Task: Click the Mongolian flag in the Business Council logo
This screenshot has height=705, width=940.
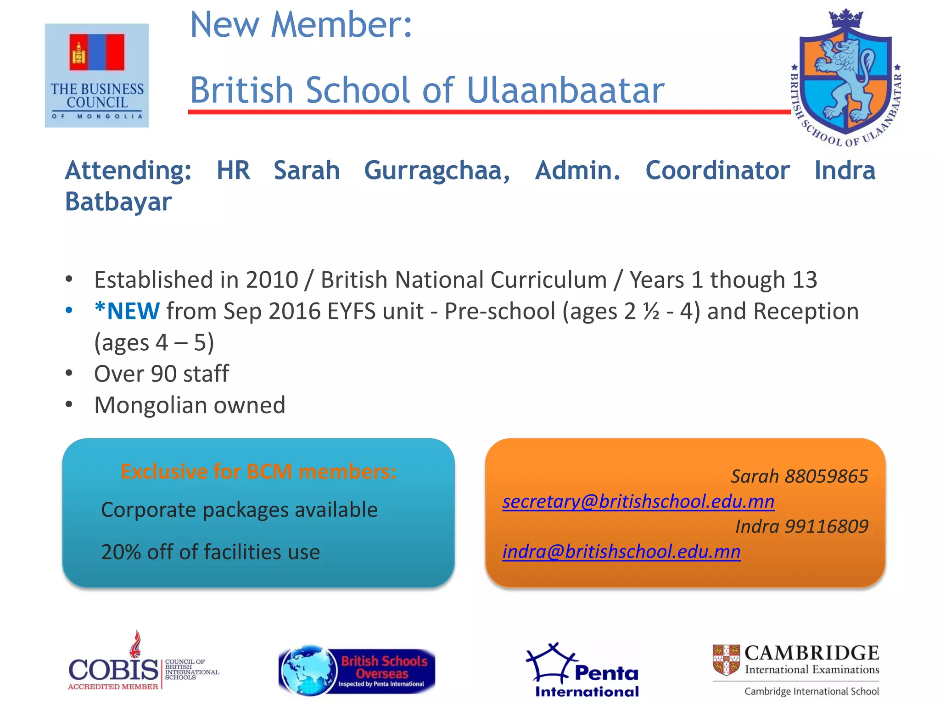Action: coord(97,52)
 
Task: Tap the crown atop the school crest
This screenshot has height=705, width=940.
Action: coord(845,19)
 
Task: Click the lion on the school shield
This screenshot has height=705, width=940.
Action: coord(845,78)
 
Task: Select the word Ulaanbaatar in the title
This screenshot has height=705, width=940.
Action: coord(565,90)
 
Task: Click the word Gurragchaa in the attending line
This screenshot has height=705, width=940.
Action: coord(437,170)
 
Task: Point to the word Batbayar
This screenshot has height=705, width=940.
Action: coord(118,201)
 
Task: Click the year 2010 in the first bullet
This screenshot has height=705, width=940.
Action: coord(272,280)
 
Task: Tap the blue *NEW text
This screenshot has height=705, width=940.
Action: coord(127,311)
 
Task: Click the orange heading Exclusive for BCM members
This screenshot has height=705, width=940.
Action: coord(258,471)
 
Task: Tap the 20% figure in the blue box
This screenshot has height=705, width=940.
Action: coord(121,552)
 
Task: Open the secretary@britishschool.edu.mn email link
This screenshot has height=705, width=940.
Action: coord(638,501)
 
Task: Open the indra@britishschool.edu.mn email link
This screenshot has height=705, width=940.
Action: coord(621,551)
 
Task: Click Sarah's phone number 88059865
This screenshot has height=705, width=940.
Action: coord(826,476)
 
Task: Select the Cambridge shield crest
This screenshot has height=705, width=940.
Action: coord(726,660)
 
